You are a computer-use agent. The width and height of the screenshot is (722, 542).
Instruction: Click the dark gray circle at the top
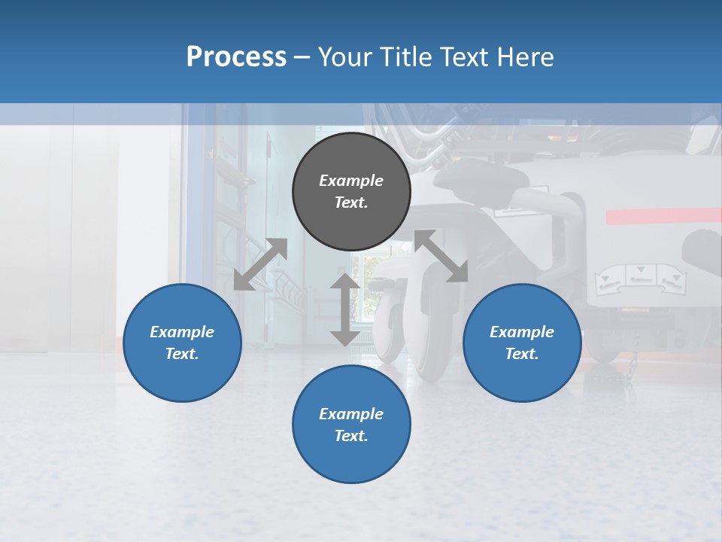[351, 191]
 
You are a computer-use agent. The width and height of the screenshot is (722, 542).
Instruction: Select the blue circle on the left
[182, 343]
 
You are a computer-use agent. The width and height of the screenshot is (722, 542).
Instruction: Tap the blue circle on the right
[522, 343]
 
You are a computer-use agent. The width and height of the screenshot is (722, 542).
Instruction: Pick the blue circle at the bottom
[351, 425]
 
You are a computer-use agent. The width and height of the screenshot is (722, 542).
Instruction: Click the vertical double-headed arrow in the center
[345, 309]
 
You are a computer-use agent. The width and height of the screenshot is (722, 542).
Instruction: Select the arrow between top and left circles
[260, 264]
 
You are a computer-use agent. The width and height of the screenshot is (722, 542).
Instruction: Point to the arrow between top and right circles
[441, 257]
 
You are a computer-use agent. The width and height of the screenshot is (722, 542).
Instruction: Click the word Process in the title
[236, 57]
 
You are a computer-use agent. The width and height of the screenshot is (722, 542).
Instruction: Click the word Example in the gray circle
[351, 181]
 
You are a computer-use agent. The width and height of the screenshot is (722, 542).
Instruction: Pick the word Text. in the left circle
[182, 354]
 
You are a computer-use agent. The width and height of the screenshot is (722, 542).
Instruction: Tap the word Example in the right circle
[522, 332]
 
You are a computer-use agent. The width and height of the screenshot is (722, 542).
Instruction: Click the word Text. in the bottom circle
[351, 436]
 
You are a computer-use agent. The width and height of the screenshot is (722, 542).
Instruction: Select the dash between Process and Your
[302, 57]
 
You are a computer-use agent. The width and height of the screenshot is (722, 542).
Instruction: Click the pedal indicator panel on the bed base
[640, 279]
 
